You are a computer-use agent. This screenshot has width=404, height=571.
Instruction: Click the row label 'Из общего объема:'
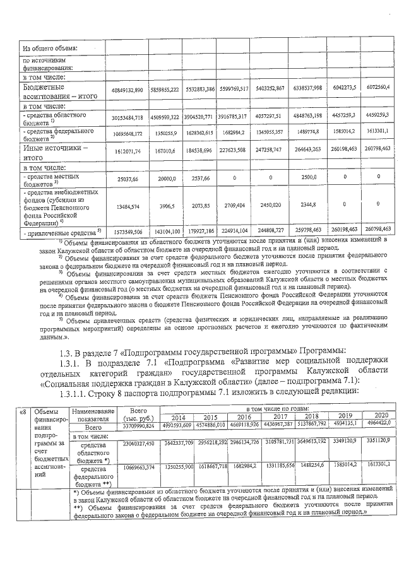pos(50,48)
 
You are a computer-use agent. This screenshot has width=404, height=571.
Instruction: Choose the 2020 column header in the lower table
pos(379,416)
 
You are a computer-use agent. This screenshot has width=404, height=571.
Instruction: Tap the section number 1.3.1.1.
pos(74,391)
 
